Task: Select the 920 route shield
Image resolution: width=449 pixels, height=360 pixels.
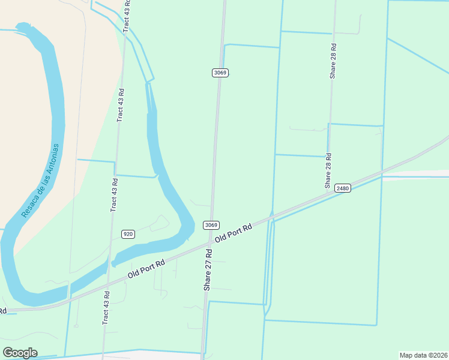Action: (x=128, y=234)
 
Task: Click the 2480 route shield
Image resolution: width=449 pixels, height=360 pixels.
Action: (x=343, y=188)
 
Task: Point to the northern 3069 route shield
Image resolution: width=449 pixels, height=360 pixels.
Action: (x=220, y=73)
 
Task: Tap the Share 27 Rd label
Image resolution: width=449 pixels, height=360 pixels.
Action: (x=208, y=269)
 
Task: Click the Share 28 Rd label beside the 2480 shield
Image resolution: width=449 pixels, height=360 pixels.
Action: (x=328, y=171)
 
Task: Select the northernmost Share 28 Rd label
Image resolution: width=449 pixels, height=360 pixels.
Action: (x=333, y=61)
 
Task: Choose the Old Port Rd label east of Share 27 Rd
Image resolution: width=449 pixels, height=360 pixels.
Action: (x=232, y=230)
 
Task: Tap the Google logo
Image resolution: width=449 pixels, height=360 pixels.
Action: (x=20, y=353)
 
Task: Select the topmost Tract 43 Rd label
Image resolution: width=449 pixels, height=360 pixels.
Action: (x=127, y=17)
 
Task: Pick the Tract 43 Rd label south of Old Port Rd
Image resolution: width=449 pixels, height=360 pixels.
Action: (x=106, y=308)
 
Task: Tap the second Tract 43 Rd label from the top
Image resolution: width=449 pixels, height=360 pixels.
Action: (x=121, y=106)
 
